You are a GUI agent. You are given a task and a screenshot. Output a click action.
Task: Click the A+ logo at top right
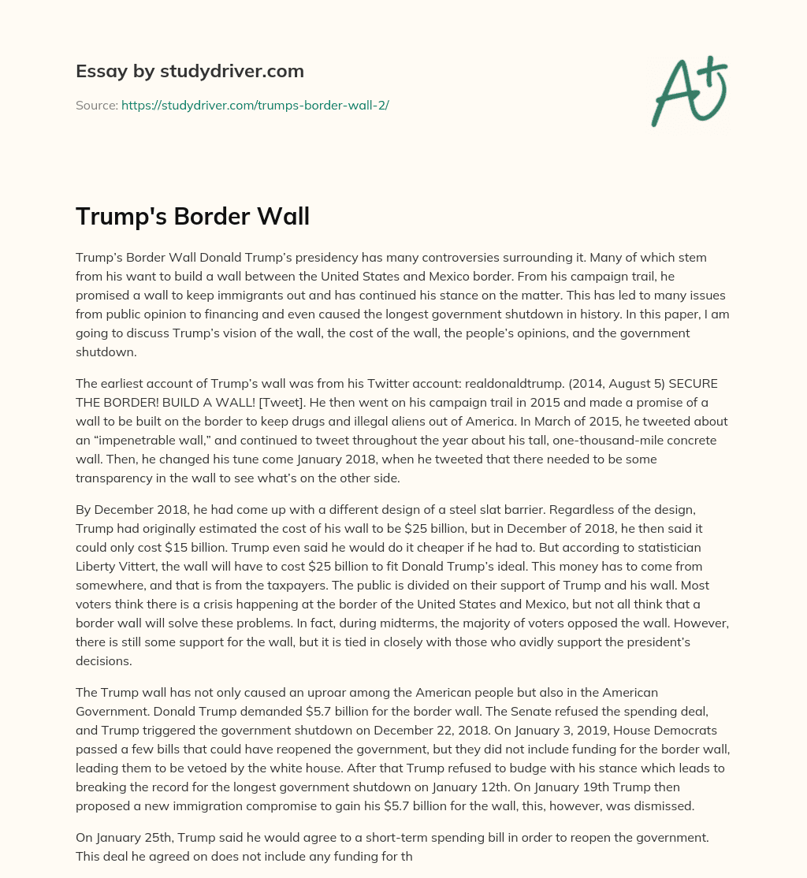[689, 91]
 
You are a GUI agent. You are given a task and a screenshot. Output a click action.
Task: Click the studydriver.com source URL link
[255, 105]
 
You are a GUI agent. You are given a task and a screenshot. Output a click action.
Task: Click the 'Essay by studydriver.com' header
[189, 71]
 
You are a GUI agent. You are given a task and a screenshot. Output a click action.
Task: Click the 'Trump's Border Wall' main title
[192, 216]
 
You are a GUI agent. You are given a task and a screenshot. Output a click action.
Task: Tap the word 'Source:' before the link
[96, 105]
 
